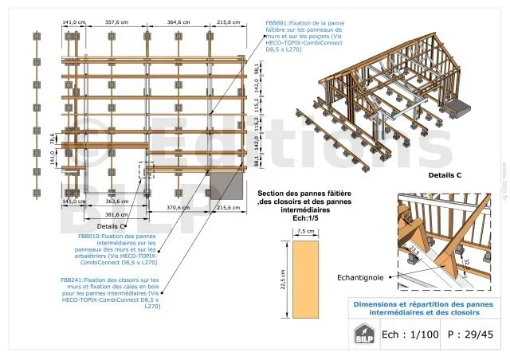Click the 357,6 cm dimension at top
(116, 23)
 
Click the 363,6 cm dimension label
(116, 202)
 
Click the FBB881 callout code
(277, 23)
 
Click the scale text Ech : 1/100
(410, 335)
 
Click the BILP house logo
(363, 334)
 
